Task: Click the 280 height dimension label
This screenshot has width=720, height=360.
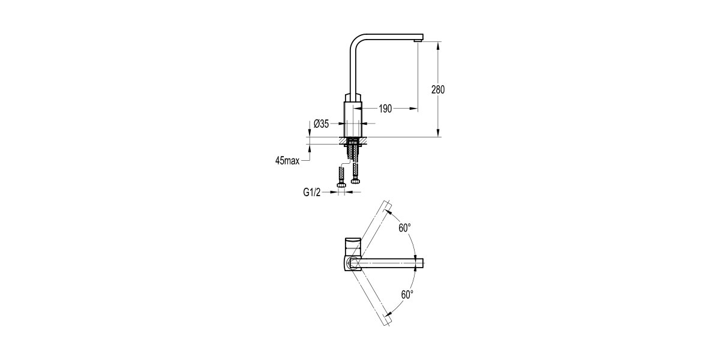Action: point(438,90)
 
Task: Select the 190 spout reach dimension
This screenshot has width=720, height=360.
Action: point(385,109)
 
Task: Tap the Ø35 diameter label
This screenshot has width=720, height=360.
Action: point(322,124)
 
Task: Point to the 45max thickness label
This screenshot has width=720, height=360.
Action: point(287,161)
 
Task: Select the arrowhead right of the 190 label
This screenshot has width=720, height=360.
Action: point(413,109)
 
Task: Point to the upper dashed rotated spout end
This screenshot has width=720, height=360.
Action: point(388,203)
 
